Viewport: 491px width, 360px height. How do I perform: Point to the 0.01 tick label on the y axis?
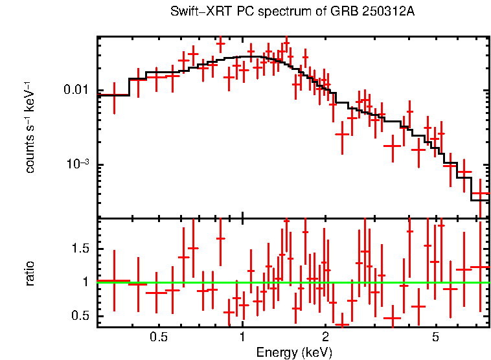76,90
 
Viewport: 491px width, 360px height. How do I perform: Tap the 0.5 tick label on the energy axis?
159,337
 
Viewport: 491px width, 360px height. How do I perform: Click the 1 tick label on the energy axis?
242,337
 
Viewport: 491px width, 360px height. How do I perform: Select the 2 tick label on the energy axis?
325,337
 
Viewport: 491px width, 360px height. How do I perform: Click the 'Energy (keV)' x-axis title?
294,352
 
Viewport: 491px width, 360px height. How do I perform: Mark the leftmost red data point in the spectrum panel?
114,95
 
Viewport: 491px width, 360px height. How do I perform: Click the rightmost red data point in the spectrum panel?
480,193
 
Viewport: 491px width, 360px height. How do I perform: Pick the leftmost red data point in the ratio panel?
114,281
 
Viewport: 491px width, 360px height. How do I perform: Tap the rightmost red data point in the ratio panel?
480,267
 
